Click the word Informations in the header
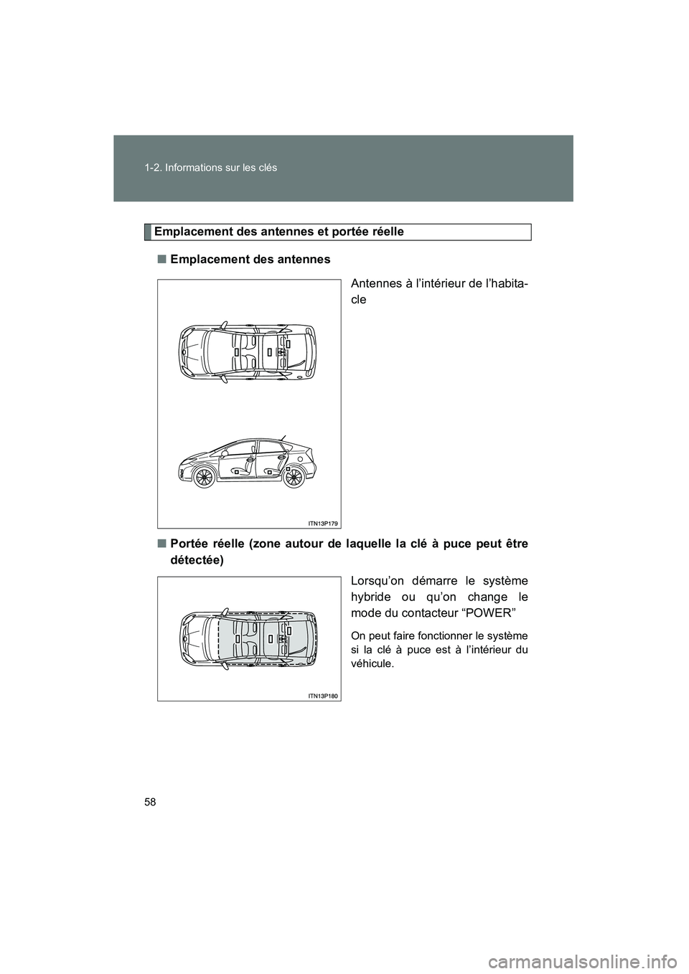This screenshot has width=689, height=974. (x=197, y=167)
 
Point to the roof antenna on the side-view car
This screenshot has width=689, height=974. (x=283, y=437)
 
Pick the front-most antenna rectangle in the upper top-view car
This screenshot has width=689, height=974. (x=235, y=352)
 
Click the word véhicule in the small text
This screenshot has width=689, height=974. (x=372, y=663)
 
